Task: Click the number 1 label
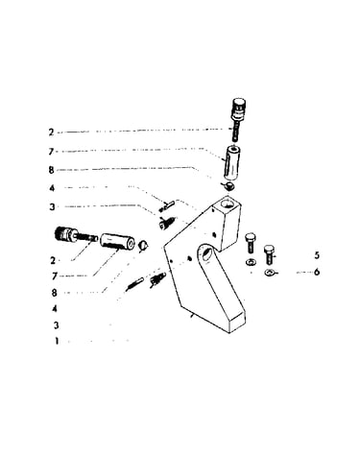[x=57, y=341]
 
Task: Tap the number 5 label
[x=317, y=255]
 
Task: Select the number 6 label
[x=317, y=272]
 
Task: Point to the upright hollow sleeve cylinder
[x=232, y=163]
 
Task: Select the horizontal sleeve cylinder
[x=117, y=243]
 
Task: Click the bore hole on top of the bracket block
[x=228, y=203]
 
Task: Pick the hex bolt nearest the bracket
[x=250, y=243]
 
